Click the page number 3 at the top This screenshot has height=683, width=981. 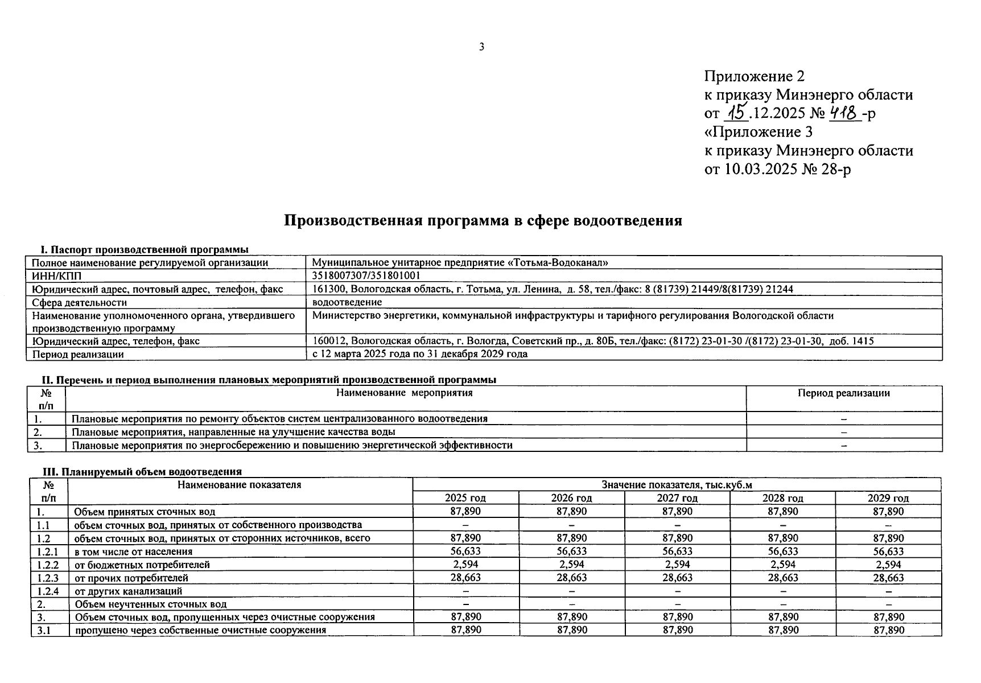(x=481, y=47)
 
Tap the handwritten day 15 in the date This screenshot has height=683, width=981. (x=737, y=112)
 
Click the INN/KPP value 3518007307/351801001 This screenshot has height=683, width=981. (x=366, y=276)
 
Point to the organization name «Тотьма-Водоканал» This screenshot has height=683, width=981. (x=557, y=263)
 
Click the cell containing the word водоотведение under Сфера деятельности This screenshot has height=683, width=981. (x=347, y=302)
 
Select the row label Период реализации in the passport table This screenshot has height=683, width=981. (x=78, y=354)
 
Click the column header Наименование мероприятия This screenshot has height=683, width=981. (x=405, y=393)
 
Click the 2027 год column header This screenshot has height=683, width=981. (x=677, y=499)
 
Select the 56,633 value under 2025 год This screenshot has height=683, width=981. (x=465, y=552)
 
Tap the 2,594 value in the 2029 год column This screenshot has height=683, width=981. (x=888, y=565)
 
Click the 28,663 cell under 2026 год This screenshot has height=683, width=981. (x=571, y=578)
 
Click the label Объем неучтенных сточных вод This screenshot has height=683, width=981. (x=150, y=604)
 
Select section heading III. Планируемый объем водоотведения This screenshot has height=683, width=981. (x=143, y=472)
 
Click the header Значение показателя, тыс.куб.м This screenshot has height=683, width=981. (x=677, y=485)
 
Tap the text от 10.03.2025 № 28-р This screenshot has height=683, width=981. (x=777, y=170)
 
